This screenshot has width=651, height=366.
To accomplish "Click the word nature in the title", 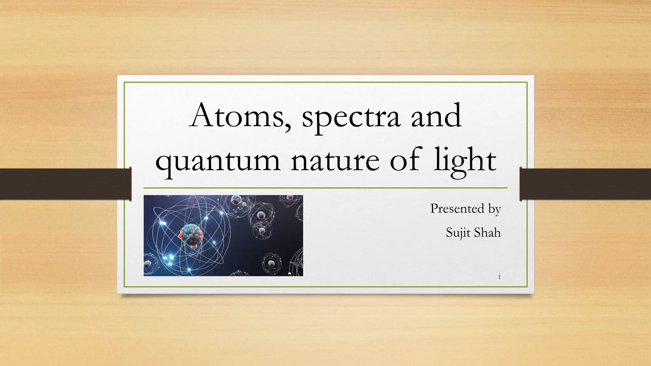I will [335, 161].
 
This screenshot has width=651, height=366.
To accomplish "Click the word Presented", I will [457, 209].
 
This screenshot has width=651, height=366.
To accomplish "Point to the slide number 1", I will [499, 277].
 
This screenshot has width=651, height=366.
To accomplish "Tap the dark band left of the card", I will [64, 184].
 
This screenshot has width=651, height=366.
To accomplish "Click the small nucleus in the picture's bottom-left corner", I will [148, 263].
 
